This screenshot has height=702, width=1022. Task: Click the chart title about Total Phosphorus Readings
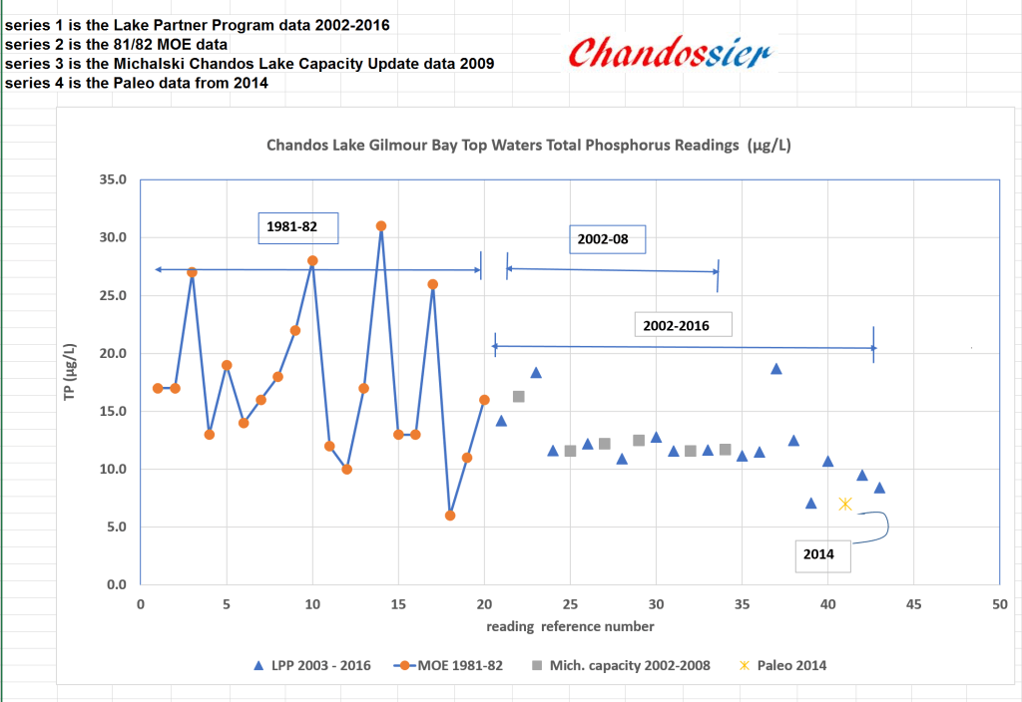tap(529, 146)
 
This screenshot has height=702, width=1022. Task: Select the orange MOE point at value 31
tap(381, 226)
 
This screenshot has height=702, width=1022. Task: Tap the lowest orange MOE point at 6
tap(450, 516)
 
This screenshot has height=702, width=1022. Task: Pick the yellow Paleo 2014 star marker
tap(845, 504)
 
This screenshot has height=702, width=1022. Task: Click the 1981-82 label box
tap(297, 227)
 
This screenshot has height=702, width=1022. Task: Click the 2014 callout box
tap(822, 553)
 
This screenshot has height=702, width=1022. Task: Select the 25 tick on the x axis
tap(570, 604)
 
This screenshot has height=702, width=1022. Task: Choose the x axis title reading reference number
tap(570, 626)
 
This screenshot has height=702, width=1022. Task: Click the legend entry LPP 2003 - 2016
tap(313, 665)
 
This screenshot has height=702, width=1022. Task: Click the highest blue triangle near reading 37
tap(776, 369)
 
